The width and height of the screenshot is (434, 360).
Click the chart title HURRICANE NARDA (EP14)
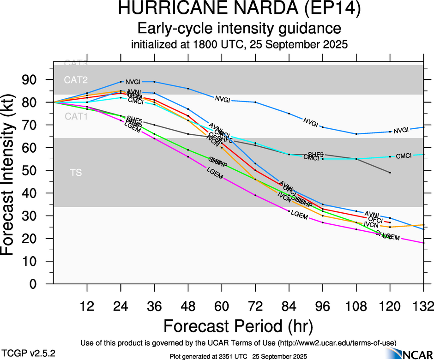[239, 9]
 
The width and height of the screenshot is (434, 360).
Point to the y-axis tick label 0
[42, 284]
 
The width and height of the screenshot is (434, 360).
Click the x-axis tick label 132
[423, 306]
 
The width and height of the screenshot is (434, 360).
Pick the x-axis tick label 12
[87, 306]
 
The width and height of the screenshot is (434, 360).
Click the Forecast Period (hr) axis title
[239, 326]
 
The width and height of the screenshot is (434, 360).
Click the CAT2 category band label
[76, 80]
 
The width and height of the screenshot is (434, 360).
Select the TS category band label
[76, 173]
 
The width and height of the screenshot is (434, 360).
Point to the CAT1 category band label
[76, 117]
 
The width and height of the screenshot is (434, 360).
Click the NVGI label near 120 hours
[401, 130]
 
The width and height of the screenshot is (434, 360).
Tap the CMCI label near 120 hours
[403, 156]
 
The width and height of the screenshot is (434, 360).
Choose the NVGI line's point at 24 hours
[121, 82]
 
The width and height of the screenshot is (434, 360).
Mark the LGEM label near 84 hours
[299, 214]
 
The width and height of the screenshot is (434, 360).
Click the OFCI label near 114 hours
[376, 219]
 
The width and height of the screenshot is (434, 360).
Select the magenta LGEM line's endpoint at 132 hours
[423, 243]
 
